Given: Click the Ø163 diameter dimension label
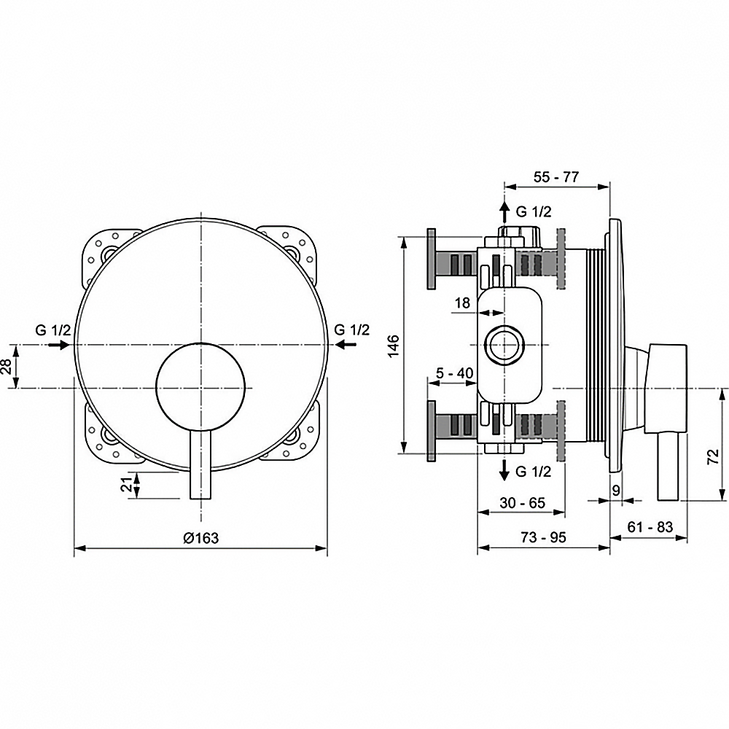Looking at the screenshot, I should (x=201, y=538).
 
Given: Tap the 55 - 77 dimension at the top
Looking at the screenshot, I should (x=556, y=177).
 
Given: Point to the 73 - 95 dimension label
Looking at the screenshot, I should (x=543, y=537).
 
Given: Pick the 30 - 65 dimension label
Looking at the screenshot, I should (x=522, y=502).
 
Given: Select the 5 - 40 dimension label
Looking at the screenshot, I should (x=455, y=373).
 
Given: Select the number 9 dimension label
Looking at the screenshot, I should (x=617, y=490).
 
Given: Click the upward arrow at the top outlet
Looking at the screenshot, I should (x=503, y=213).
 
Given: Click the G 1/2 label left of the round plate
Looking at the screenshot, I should (x=53, y=330).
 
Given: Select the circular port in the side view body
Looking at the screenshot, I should (x=503, y=344).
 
